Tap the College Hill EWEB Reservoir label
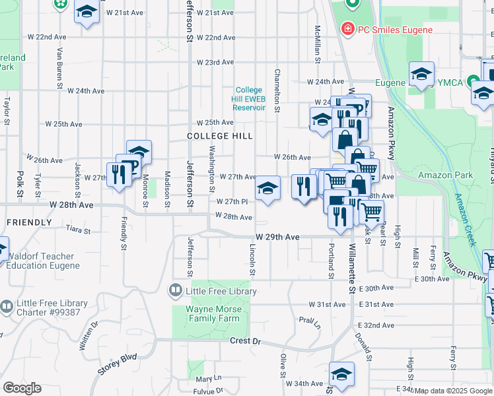pyautogui.click(x=249, y=99)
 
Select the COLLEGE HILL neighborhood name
pyautogui.click(x=219, y=136)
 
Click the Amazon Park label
pyautogui.click(x=445, y=175)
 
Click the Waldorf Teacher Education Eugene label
pyautogui.click(x=44, y=261)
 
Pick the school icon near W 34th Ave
pyautogui.click(x=341, y=374)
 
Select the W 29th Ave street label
pyautogui.click(x=274, y=236)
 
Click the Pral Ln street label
pyautogui.click(x=308, y=322)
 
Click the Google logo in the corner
pyautogui.click(x=22, y=388)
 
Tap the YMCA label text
pyautogui.click(x=452, y=82)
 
